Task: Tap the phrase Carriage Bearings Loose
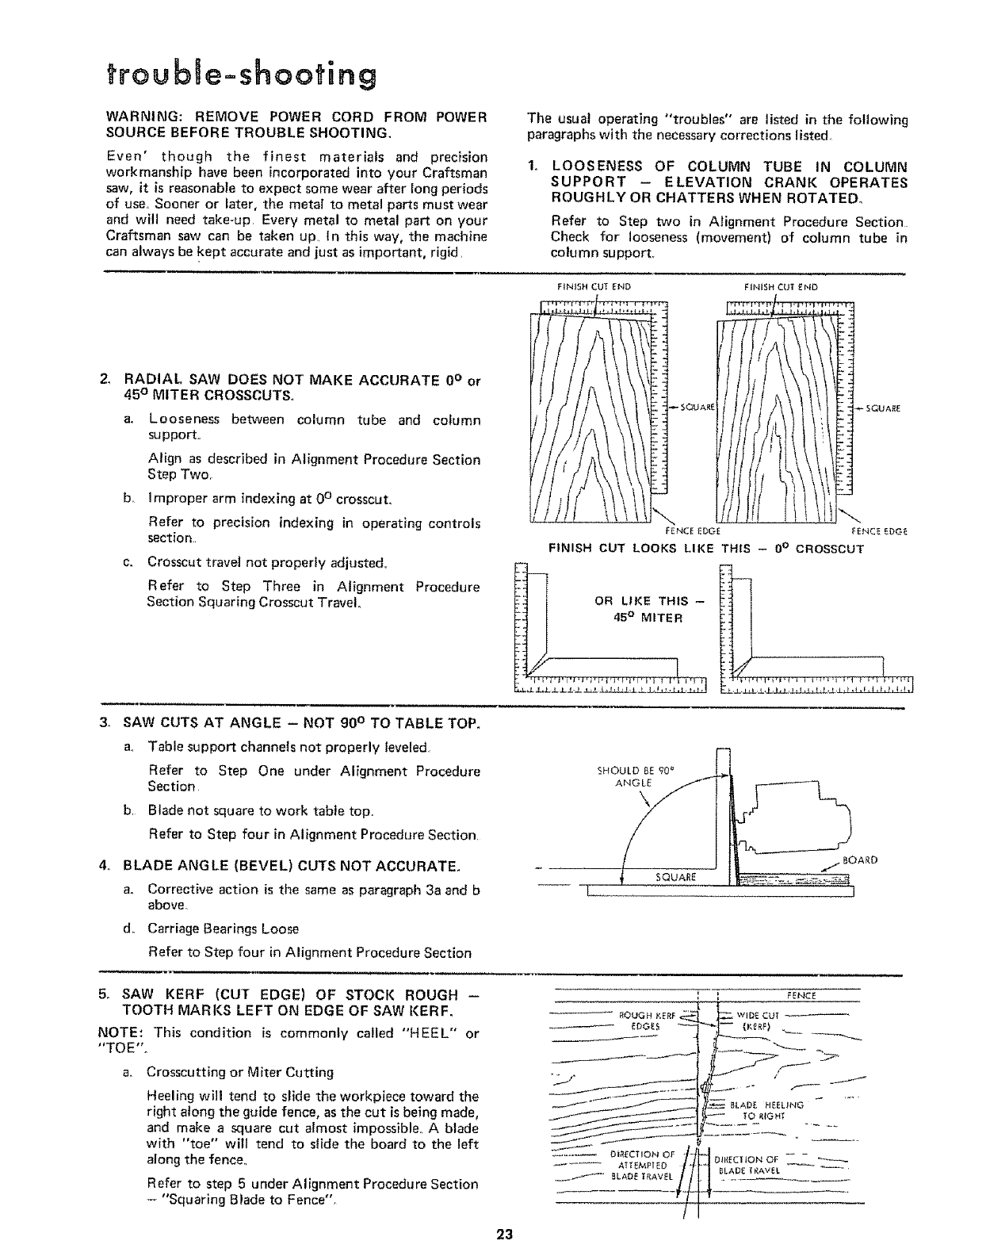pos(223,928)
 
